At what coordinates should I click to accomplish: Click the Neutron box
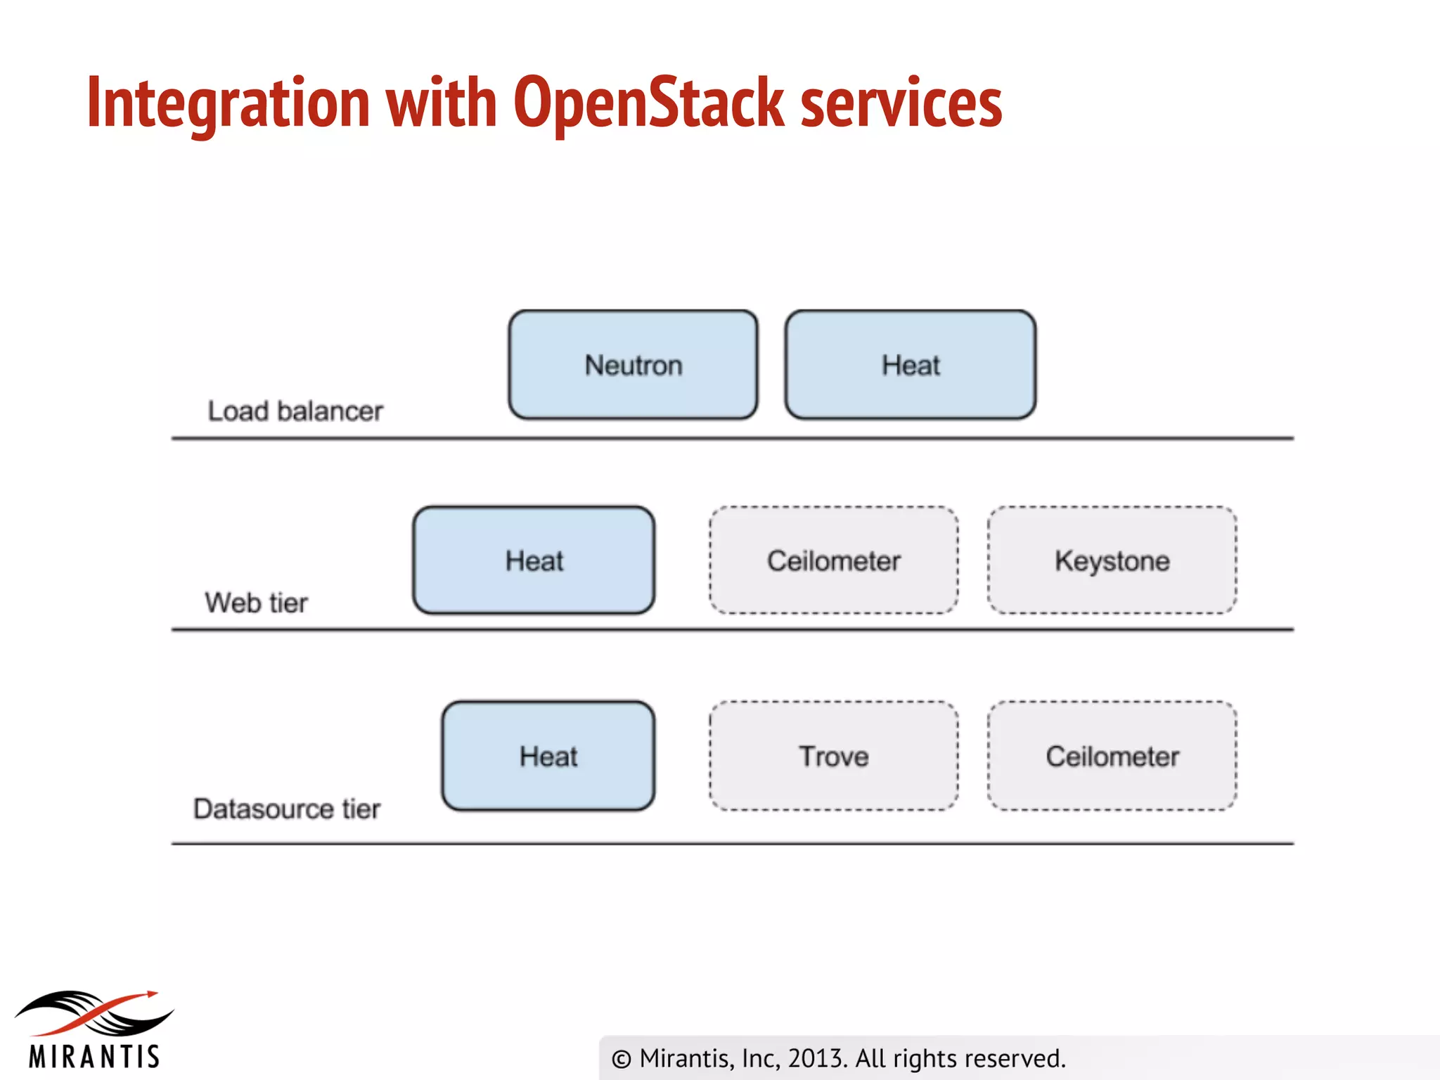tap(633, 365)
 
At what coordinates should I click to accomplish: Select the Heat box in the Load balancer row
tap(910, 365)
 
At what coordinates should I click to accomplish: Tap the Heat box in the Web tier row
tap(534, 560)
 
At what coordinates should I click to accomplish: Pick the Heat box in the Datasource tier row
tap(548, 756)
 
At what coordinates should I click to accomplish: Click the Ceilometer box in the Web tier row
tap(833, 560)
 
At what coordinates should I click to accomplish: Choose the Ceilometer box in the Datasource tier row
tap(1112, 756)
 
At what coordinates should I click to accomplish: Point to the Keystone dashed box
tap(1112, 560)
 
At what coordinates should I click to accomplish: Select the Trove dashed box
tap(833, 756)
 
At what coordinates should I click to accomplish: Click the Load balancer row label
tap(295, 411)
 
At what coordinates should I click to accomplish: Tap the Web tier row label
tap(256, 603)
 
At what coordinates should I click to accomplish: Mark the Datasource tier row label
tap(286, 809)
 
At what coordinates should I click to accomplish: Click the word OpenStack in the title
tap(648, 103)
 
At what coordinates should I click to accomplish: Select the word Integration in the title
tap(228, 103)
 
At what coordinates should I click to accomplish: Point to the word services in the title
tap(901, 103)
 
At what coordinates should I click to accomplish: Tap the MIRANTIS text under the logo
tap(94, 1057)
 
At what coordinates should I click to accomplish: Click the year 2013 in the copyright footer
tap(816, 1058)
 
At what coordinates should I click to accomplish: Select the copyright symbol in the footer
tap(621, 1059)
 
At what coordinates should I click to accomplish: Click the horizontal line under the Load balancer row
tap(731, 438)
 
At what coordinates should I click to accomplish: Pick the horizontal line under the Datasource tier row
tap(731, 843)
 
